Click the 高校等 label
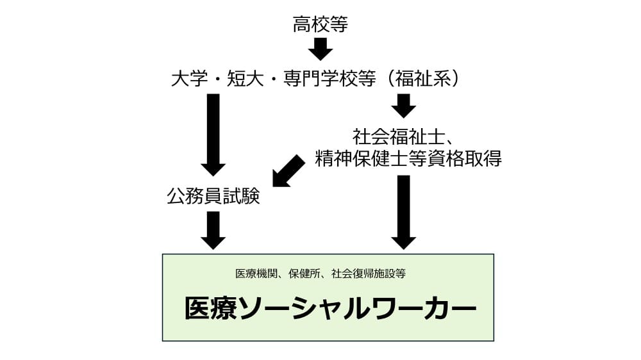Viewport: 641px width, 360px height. click(320, 25)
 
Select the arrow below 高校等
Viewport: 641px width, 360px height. click(320, 49)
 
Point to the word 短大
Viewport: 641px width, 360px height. click(244, 79)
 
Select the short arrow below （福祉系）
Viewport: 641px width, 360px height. click(403, 106)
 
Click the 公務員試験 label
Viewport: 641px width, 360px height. click(213, 196)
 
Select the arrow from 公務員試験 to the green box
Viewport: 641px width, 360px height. click(213, 229)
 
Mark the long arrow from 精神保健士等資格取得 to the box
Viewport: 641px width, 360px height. click(403, 211)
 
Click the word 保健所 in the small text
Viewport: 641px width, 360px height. click(301, 274)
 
